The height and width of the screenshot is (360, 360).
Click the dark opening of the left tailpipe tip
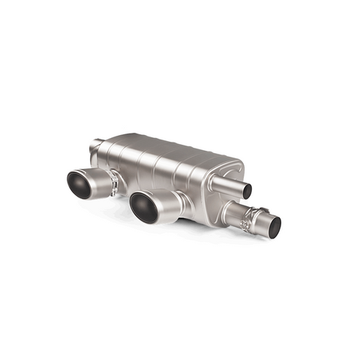pyautogui.click(x=79, y=184)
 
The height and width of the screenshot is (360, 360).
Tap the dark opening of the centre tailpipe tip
pyautogui.click(x=143, y=206)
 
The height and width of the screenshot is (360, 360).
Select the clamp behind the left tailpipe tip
pyautogui.click(x=113, y=181)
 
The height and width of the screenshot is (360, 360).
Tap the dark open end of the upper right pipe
pyautogui.click(x=247, y=190)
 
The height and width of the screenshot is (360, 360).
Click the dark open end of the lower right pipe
pyautogui.click(x=274, y=225)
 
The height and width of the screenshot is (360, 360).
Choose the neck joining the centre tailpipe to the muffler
pyautogui.click(x=183, y=196)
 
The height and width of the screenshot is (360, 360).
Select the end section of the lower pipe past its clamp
pyautogui.click(x=265, y=222)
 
